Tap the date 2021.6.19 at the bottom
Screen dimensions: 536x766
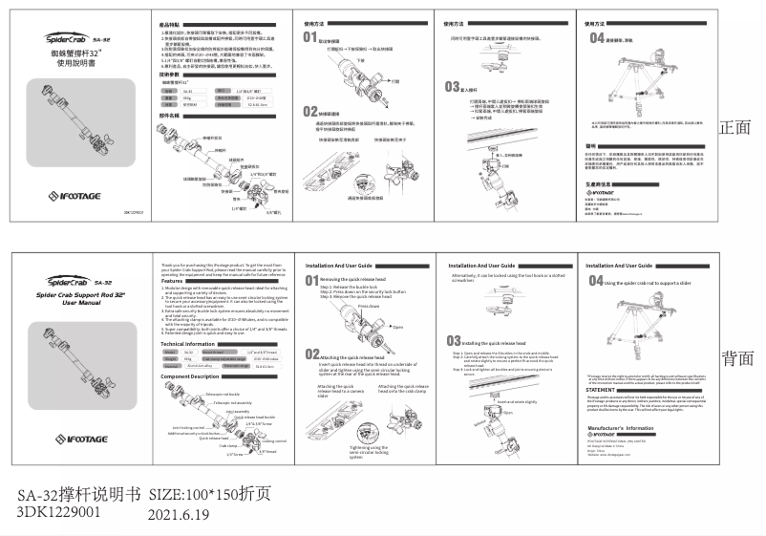(x=179, y=513)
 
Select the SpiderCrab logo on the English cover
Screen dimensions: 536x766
(x=48, y=282)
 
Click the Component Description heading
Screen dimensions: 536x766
(x=195, y=375)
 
